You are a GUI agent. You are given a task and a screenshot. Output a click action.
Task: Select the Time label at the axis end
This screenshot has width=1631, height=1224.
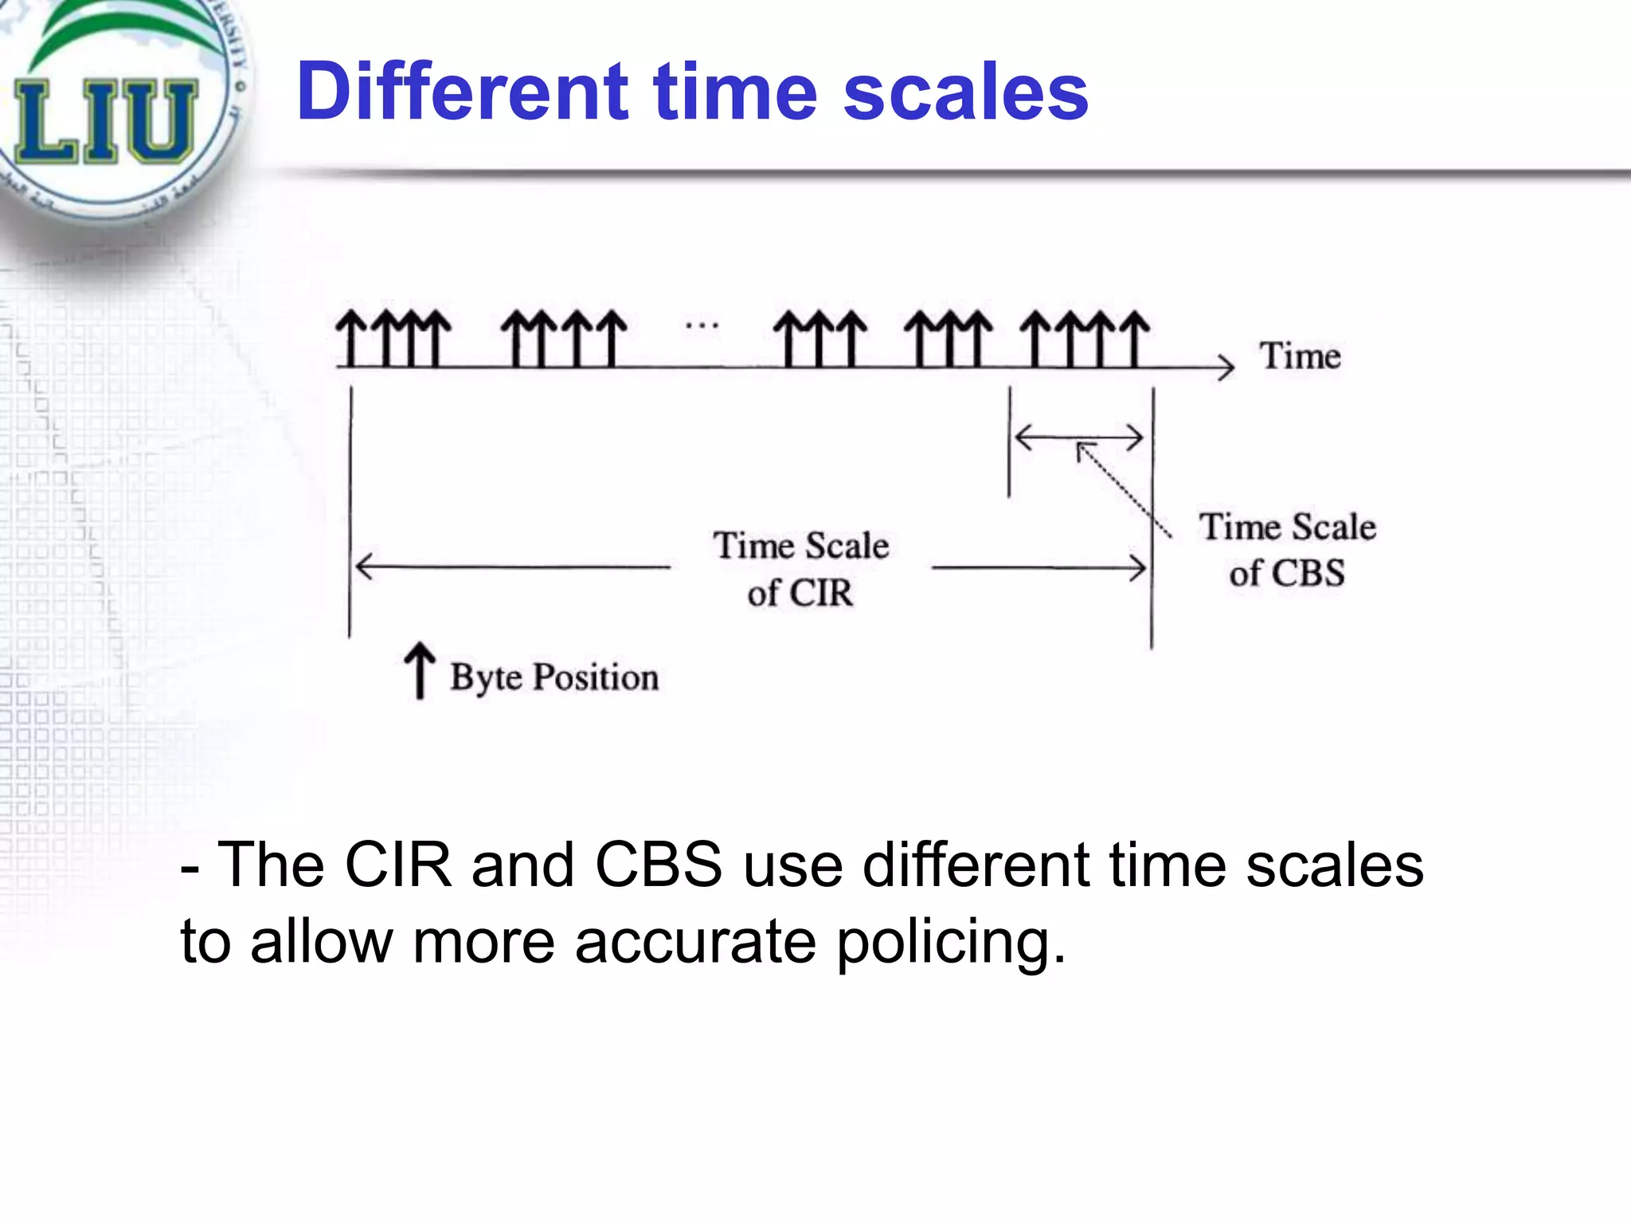point(1300,355)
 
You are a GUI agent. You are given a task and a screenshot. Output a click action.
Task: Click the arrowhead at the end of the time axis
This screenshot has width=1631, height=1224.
point(1227,367)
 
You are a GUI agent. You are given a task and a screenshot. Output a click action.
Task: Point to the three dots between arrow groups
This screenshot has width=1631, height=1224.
point(702,325)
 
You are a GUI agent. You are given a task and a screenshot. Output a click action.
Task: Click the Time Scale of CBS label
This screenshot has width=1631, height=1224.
point(1288,550)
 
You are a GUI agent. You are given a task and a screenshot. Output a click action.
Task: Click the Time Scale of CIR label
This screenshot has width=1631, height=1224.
point(801,569)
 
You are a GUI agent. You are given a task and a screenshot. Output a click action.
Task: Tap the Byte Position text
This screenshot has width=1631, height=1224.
point(554,677)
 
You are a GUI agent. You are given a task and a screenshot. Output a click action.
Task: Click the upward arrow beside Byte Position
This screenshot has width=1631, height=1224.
point(419,671)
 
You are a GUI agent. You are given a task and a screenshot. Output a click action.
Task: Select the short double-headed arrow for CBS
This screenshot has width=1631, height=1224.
point(1079,437)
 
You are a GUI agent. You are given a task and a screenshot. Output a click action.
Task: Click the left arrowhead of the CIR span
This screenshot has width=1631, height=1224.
point(363,567)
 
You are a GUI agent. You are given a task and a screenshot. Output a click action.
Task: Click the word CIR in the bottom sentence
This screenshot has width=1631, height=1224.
point(398,865)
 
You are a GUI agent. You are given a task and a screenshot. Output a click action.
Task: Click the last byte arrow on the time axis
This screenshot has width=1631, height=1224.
point(1136,339)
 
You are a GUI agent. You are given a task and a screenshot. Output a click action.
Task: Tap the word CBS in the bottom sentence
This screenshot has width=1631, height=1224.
point(659,865)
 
